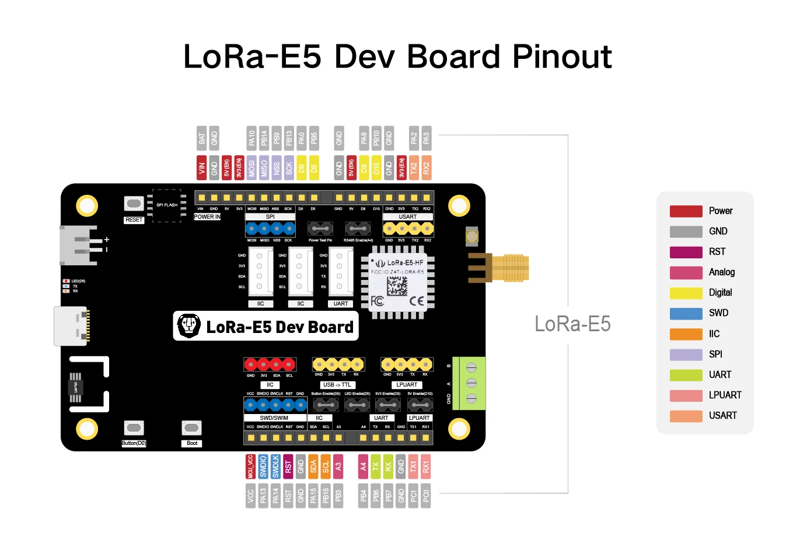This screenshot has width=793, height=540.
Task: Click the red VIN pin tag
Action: point(201,167)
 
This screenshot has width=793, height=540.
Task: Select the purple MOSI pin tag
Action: point(251,167)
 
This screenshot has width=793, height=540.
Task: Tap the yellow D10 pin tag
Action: point(376,167)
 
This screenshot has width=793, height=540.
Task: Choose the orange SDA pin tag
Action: point(313,467)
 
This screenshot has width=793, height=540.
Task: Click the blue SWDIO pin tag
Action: point(263,467)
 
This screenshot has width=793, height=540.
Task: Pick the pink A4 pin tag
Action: point(363,467)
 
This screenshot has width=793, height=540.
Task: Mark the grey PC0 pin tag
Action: point(426,496)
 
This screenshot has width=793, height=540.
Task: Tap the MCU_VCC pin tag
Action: point(250,467)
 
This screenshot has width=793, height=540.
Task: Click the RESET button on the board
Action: point(134,204)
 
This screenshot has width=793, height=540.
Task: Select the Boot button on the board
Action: point(191,429)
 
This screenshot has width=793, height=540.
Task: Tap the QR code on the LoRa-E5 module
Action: point(397,286)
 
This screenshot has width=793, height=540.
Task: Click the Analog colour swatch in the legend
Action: point(686,272)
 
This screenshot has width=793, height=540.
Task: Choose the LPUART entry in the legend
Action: point(725,395)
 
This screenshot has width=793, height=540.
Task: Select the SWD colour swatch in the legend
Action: point(686,313)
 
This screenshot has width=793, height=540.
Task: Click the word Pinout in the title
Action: point(562,57)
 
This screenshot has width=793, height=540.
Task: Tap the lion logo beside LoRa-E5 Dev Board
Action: point(189,325)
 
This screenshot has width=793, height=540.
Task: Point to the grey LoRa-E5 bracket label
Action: point(572,324)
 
